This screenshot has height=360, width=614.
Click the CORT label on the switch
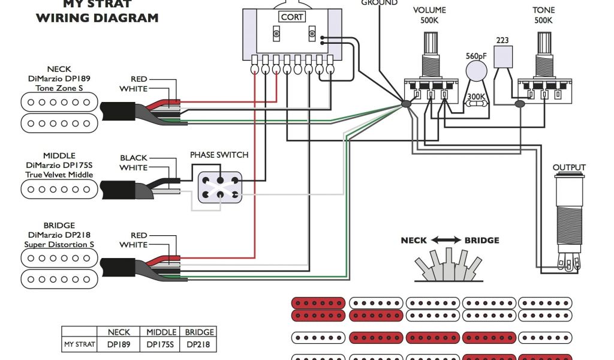point(292,17)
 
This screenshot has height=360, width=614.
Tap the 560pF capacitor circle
point(477,71)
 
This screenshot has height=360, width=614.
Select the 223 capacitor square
point(503,57)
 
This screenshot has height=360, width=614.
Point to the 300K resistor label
point(476,97)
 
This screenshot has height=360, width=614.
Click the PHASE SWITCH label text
point(219,155)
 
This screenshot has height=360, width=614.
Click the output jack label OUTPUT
point(569,167)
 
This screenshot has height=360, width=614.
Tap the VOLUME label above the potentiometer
point(429,10)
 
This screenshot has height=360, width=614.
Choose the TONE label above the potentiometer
point(543,10)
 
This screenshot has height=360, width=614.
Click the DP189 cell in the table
point(119,345)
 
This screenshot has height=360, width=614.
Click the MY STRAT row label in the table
point(80,345)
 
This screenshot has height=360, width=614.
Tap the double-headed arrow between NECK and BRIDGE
point(446,240)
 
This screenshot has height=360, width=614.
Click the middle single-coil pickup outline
point(59,189)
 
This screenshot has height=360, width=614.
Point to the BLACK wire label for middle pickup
point(134,158)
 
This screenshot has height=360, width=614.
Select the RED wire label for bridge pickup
point(139,235)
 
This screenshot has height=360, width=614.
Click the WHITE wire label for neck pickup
point(134,89)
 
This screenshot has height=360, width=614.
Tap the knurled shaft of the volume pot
point(431,43)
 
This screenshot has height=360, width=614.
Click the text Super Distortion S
point(59,244)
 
